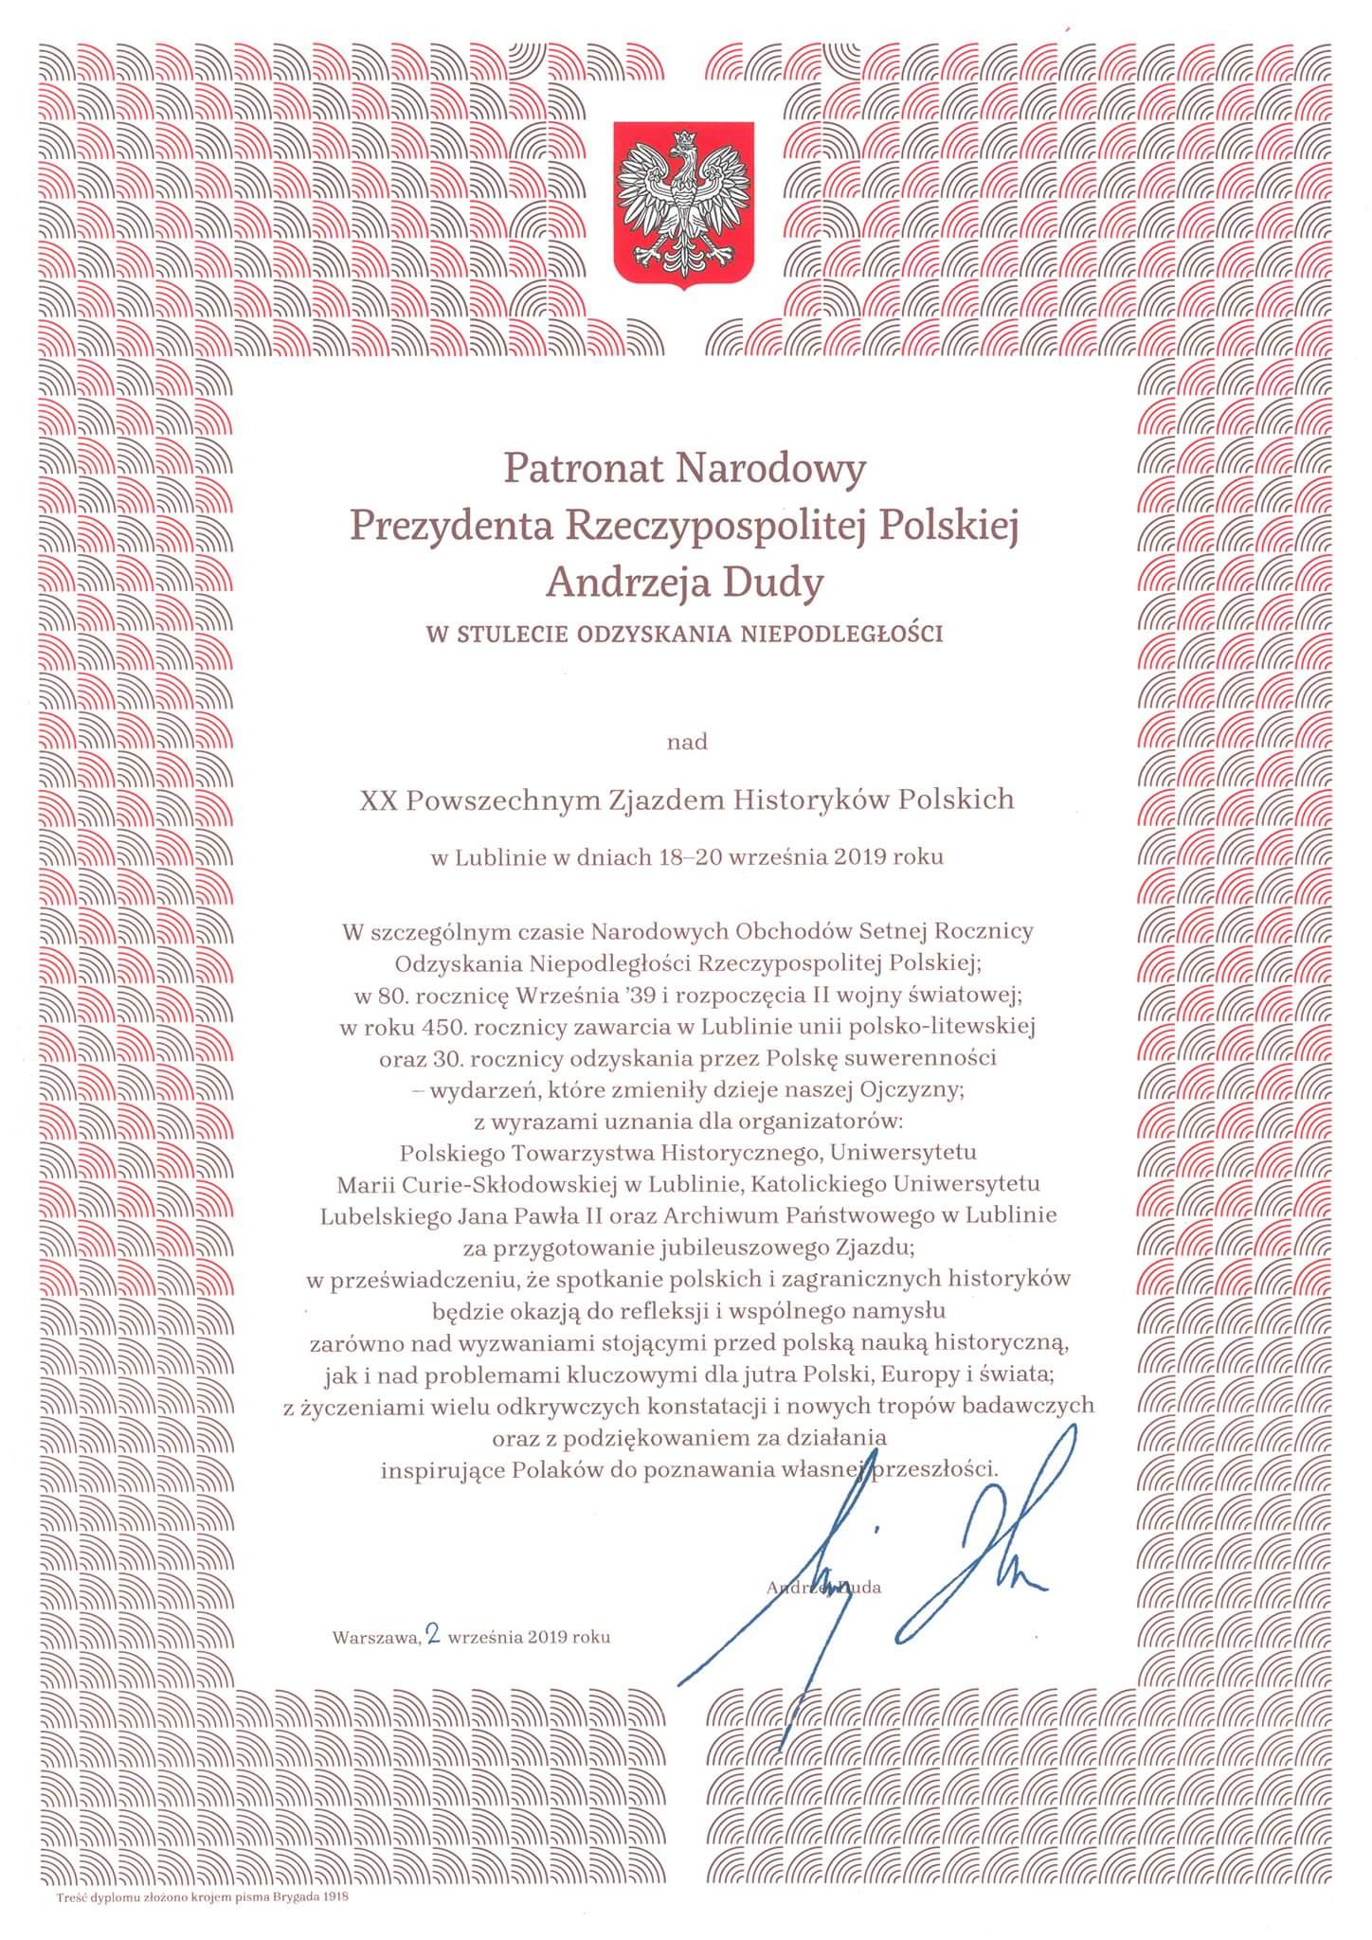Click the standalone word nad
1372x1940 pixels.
686,742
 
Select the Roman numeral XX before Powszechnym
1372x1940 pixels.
378,800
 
